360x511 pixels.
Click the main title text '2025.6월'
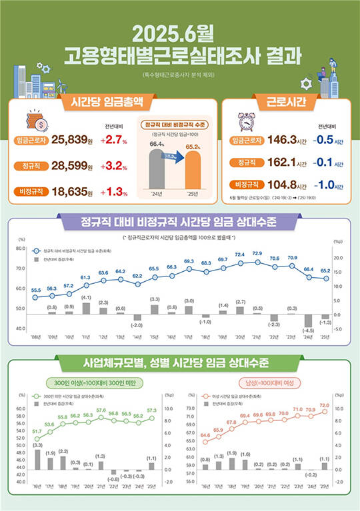[179, 33]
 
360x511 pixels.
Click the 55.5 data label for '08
[36, 290]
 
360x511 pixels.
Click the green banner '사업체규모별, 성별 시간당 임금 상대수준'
[180, 364]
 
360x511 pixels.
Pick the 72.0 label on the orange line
[325, 405]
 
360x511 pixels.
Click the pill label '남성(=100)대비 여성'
[270, 383]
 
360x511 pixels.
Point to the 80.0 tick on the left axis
[21, 249]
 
